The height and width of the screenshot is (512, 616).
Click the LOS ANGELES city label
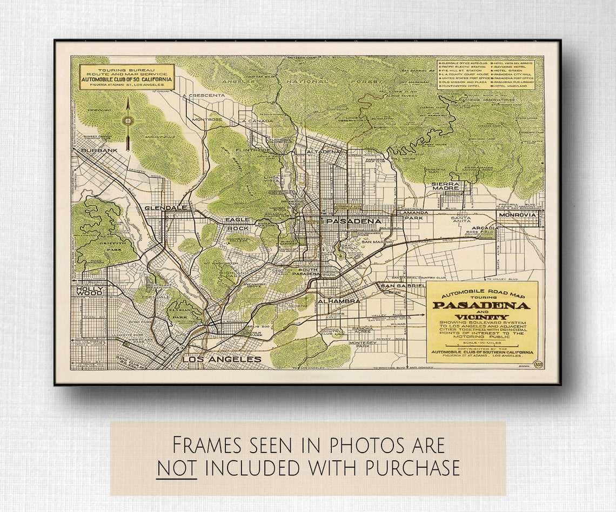coord(222,359)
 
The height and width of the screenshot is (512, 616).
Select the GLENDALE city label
coord(165,208)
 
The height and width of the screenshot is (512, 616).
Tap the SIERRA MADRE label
coord(445,187)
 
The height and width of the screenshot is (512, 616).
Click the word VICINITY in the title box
coord(481,317)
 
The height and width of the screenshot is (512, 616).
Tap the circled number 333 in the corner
coord(538,363)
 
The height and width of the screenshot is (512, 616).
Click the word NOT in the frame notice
coord(177,468)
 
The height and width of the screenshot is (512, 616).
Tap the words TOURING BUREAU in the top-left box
coord(126,71)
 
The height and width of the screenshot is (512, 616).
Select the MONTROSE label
coord(207,119)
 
